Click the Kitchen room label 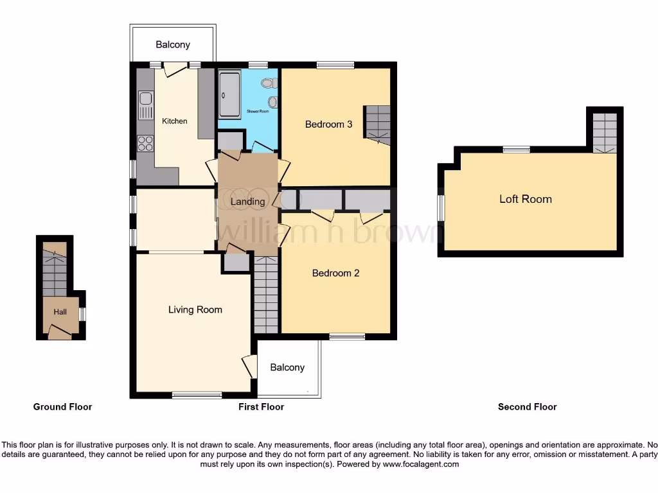[175, 121]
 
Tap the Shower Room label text [258, 112]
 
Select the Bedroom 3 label [328, 124]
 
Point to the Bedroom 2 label [335, 273]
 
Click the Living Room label [195, 310]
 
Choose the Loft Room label [526, 199]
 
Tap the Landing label [247, 202]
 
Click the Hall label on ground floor [60, 312]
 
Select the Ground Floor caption [62, 406]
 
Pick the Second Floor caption [528, 406]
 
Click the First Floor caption [261, 406]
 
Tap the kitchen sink [146, 105]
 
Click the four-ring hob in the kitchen [146, 143]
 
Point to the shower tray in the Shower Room [229, 94]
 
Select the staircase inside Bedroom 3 [378, 125]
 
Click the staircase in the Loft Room [605, 133]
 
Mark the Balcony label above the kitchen [173, 44]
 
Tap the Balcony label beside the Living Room [287, 367]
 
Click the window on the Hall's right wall [83, 314]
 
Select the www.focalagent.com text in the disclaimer [421, 464]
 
